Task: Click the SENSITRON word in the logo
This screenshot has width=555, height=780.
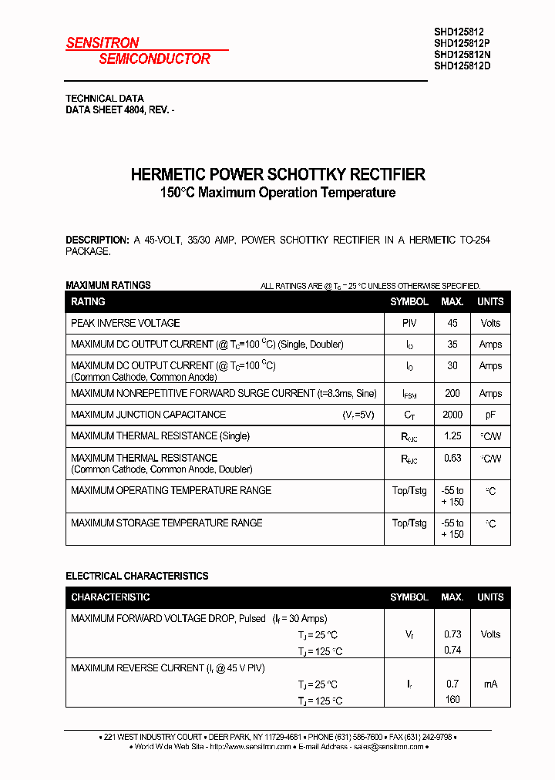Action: click(x=103, y=43)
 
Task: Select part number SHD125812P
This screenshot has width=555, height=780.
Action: click(x=462, y=44)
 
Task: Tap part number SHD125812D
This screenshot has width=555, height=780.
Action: click(x=462, y=66)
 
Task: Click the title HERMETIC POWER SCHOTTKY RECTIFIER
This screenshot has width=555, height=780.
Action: click(x=277, y=174)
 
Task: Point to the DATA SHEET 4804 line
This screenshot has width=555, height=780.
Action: click(x=119, y=110)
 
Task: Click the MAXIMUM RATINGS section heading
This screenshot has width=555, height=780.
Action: click(x=108, y=285)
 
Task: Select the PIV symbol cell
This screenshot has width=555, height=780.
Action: click(x=409, y=323)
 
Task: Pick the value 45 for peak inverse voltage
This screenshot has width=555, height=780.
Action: click(x=452, y=323)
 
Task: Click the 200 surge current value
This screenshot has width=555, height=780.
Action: click(x=452, y=393)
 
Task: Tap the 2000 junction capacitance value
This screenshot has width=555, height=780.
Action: click(x=452, y=415)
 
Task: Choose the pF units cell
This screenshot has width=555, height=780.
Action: click(x=490, y=415)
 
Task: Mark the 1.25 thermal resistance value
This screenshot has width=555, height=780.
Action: click(x=452, y=436)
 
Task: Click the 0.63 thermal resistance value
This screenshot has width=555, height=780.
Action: click(x=452, y=458)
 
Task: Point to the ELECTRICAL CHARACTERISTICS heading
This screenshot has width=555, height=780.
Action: click(x=136, y=576)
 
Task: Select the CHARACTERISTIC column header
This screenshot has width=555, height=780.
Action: click(x=110, y=597)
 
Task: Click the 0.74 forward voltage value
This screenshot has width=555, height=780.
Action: click(x=452, y=650)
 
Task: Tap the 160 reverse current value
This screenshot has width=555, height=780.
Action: click(x=452, y=699)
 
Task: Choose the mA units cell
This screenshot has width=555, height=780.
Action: click(x=490, y=684)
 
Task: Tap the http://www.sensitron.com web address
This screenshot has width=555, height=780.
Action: click(x=251, y=747)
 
